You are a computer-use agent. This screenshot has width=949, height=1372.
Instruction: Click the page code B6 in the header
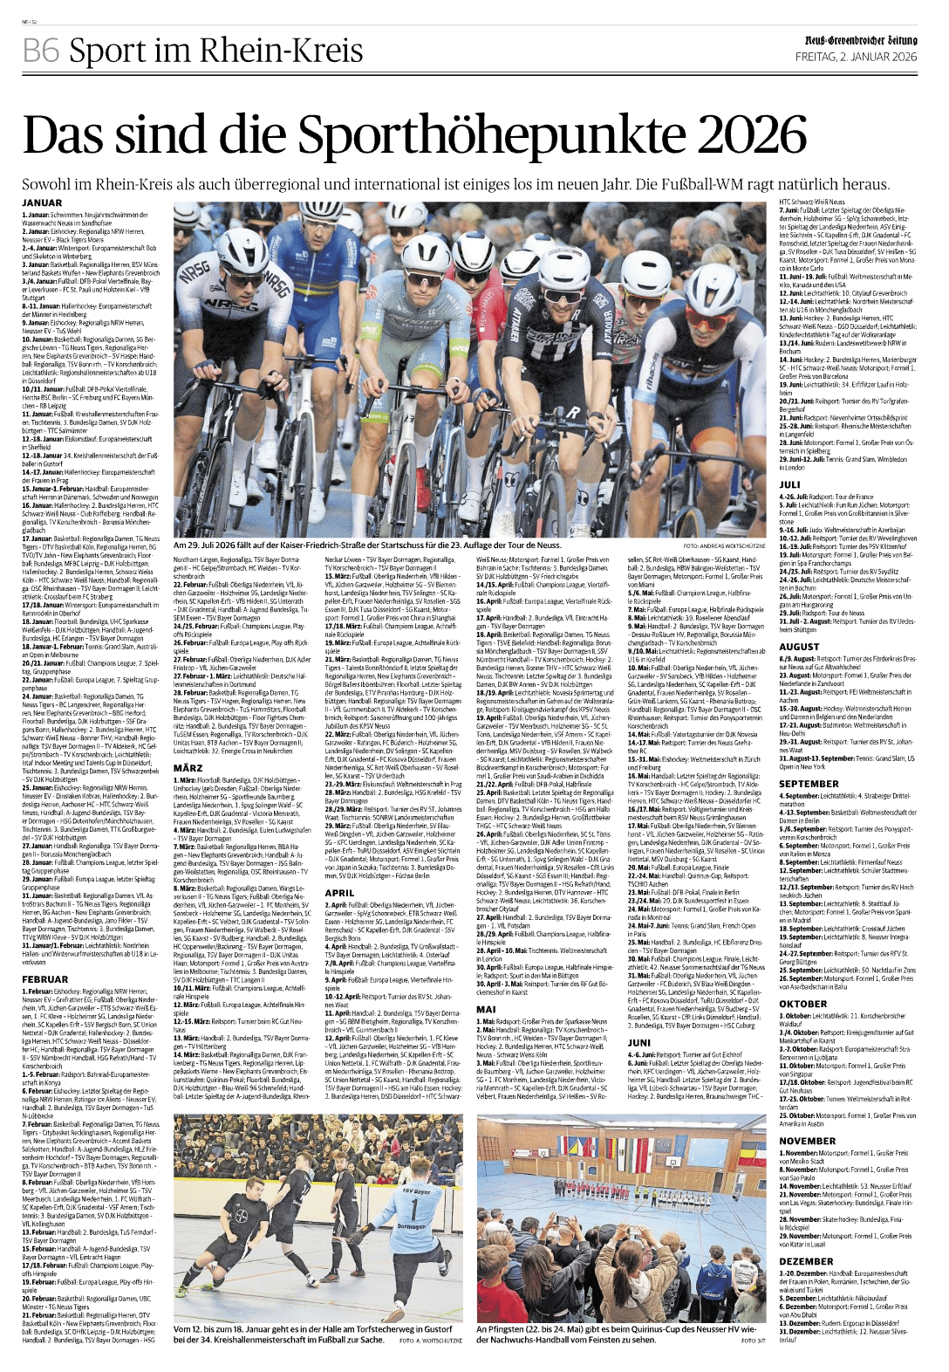(40, 51)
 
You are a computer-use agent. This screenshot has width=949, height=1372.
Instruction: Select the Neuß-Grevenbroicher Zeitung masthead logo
(860, 40)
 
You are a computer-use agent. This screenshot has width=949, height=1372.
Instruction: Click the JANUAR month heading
(42, 203)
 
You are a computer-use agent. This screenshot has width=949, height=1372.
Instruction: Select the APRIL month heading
(339, 893)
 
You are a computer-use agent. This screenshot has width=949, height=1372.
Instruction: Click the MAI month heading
(485, 1009)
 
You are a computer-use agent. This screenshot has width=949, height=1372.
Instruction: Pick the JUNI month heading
(639, 1042)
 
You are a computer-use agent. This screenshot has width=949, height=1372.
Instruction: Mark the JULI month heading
(789, 484)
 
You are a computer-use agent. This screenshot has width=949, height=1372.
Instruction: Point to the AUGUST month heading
(799, 647)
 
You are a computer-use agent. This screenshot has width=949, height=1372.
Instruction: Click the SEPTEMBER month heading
(809, 784)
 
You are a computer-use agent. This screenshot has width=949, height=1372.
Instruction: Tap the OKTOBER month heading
(802, 1004)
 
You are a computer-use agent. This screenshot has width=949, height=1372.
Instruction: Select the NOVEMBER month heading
(807, 1141)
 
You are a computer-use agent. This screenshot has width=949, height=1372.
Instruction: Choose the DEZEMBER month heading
(806, 1261)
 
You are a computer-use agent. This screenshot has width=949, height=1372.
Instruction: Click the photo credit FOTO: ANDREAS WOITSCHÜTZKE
(718, 545)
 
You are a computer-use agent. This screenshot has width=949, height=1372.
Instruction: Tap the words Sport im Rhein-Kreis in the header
(215, 51)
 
